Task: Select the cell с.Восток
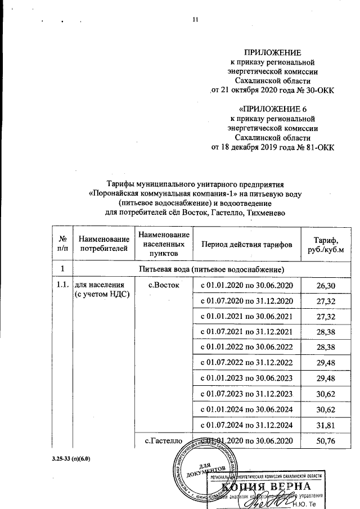pyautogui.click(x=163, y=286)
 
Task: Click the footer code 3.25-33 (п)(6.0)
pyautogui.click(x=70, y=458)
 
